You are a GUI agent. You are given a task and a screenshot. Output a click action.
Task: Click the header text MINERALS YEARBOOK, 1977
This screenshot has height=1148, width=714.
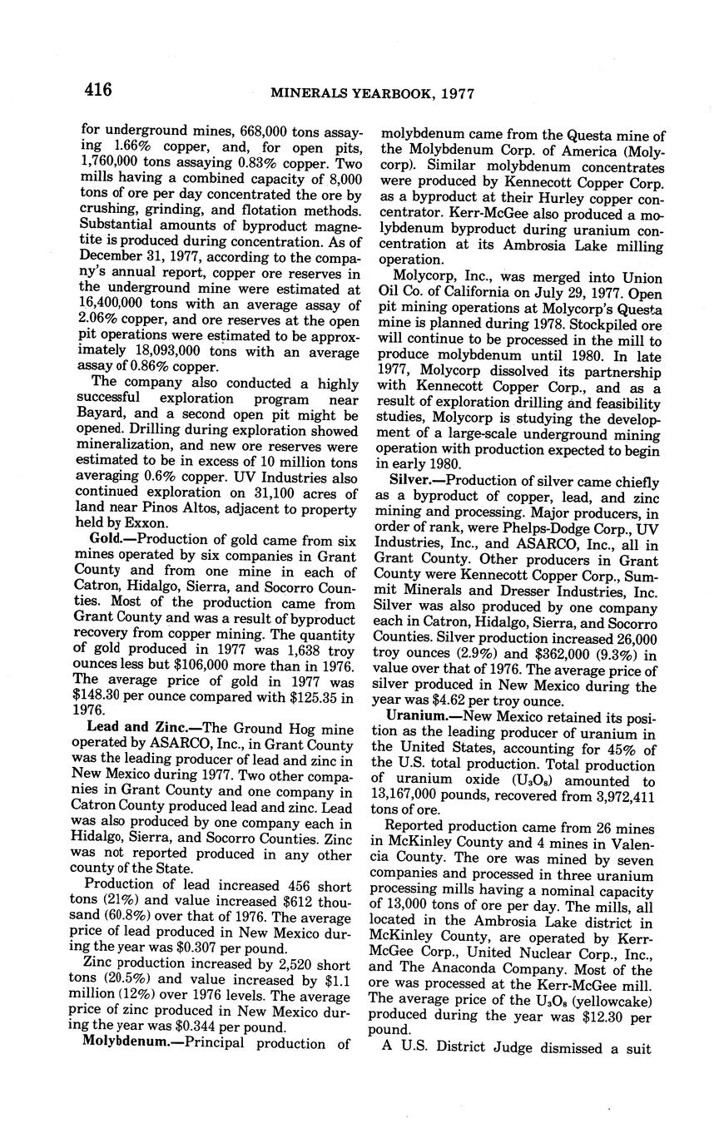[x=372, y=93]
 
